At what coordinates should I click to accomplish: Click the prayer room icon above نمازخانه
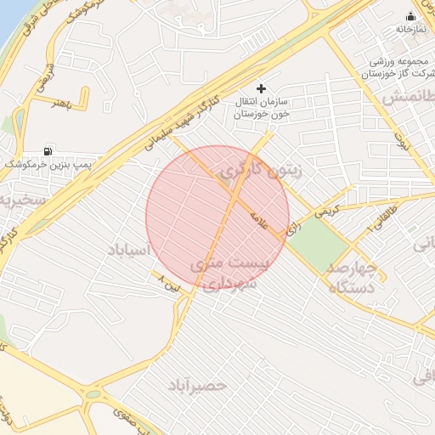pos(411,16)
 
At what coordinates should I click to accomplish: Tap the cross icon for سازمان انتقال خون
pos(261,88)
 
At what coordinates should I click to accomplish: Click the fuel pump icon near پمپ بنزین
pos(46,150)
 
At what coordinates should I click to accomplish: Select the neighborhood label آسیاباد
pos(129,250)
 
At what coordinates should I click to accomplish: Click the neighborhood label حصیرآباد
pos(197,385)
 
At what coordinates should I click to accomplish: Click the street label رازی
pos(292,228)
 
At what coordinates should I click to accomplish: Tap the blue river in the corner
pos(8,21)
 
